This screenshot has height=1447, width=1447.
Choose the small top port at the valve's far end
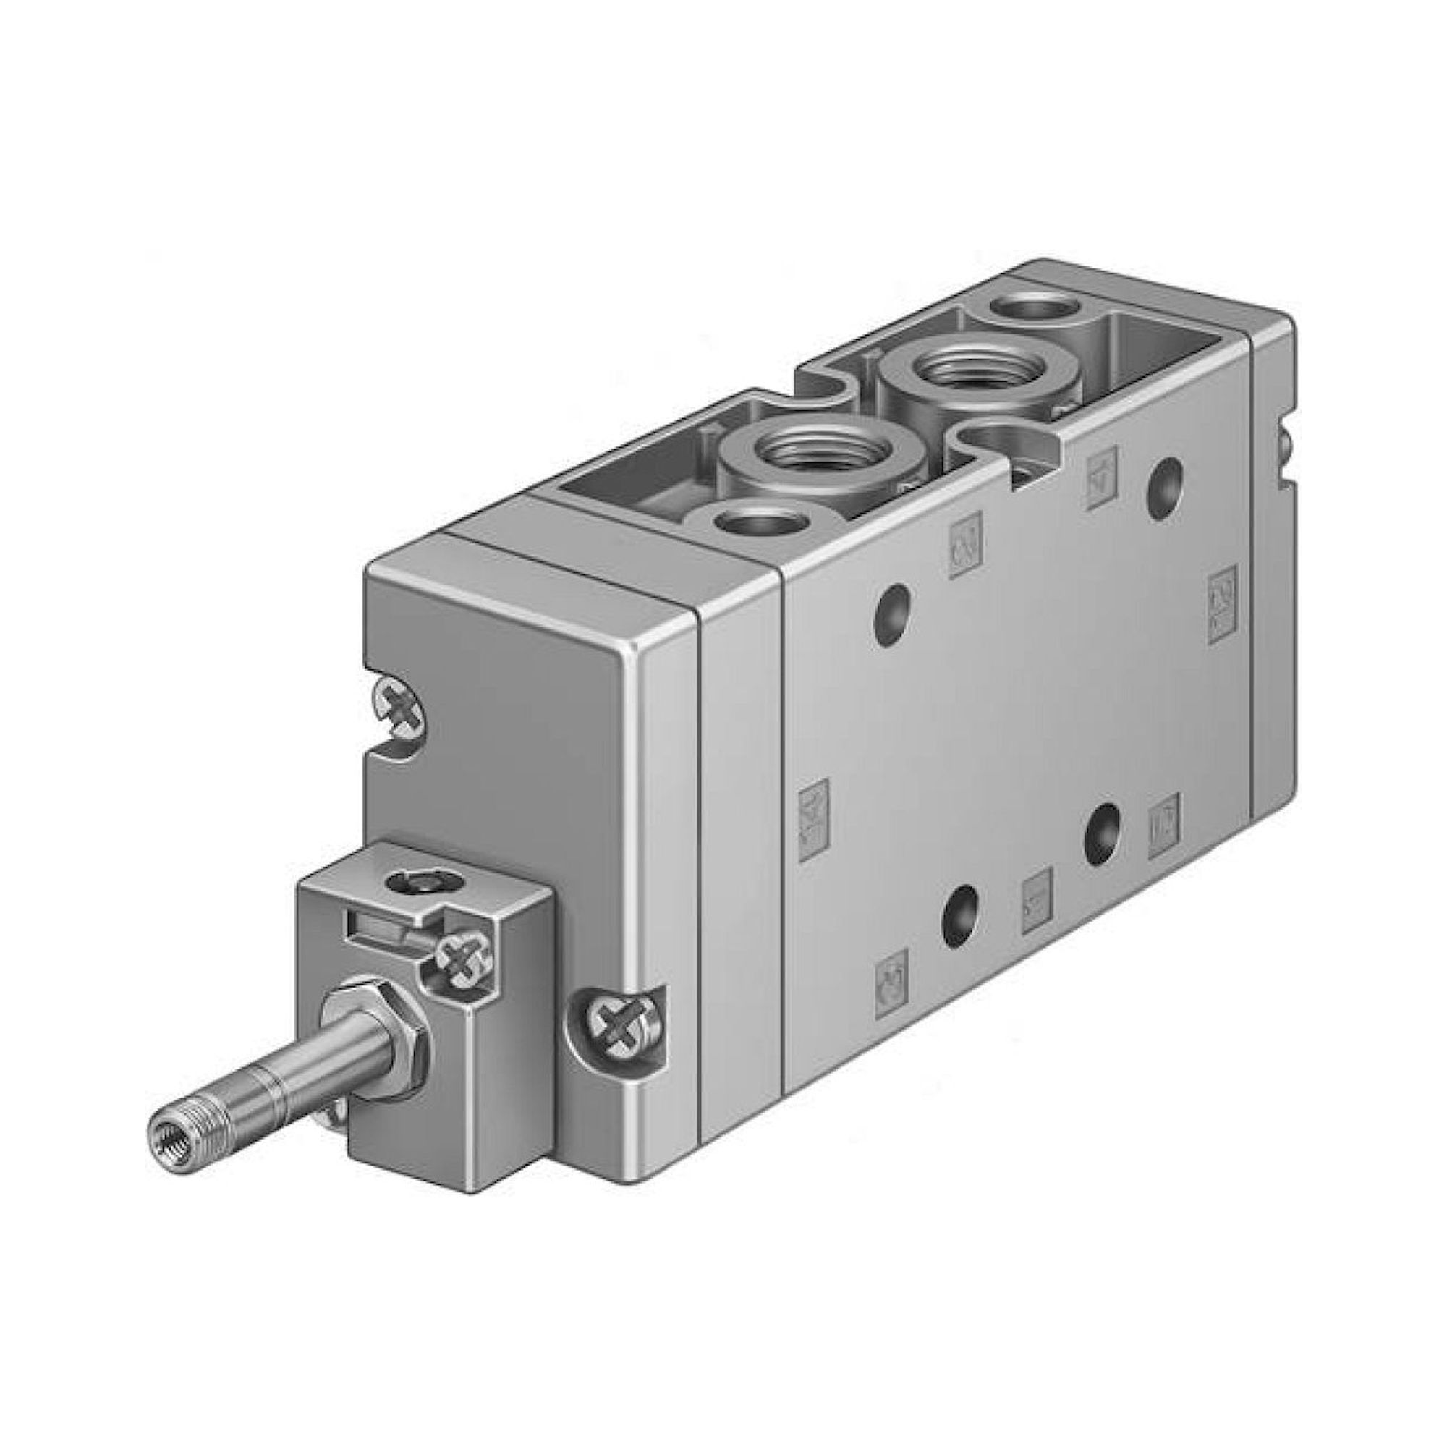point(1036,307)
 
